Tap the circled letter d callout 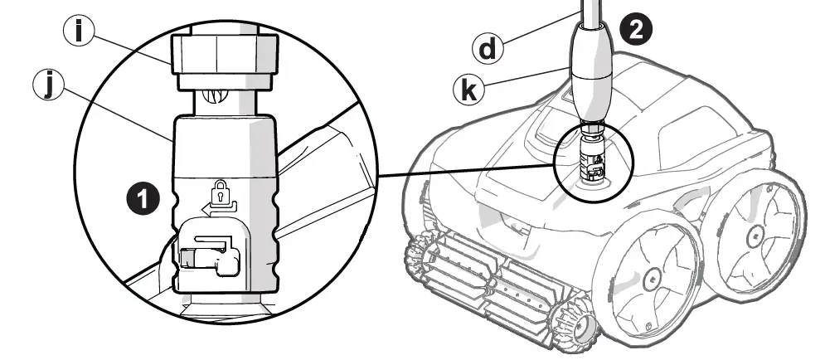click(x=488, y=48)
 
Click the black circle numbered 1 click(x=142, y=197)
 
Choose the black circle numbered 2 click(x=637, y=29)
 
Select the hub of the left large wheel click(x=648, y=273)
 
